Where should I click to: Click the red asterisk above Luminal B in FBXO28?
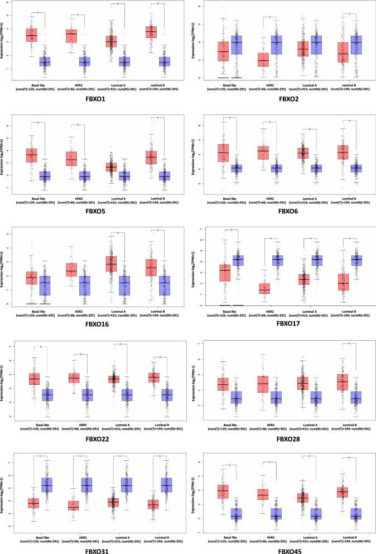[349, 344]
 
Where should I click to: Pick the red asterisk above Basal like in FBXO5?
[38, 122]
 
